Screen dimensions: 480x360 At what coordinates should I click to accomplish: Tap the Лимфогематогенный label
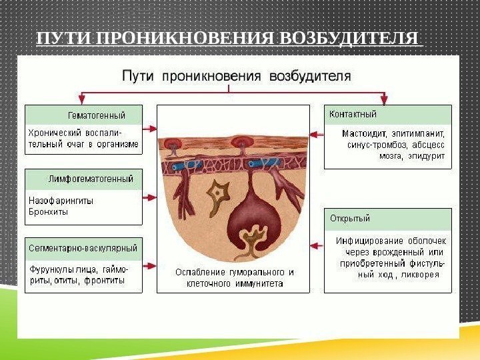(x=91, y=179)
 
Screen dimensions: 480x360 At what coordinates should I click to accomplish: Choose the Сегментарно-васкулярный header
(x=83, y=248)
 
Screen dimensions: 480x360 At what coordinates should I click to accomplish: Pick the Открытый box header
(x=351, y=218)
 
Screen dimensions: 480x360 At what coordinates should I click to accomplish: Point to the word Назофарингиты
(x=61, y=200)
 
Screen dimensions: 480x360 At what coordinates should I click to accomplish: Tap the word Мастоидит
(x=365, y=133)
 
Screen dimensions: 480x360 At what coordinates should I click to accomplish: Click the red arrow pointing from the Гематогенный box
(x=149, y=127)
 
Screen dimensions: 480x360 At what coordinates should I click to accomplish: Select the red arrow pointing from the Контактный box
(x=317, y=127)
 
